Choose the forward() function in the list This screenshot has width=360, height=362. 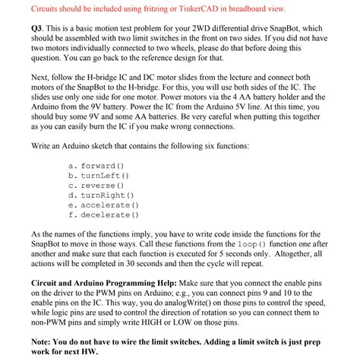101,166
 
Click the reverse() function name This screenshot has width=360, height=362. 101,186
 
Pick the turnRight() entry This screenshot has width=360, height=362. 106,195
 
